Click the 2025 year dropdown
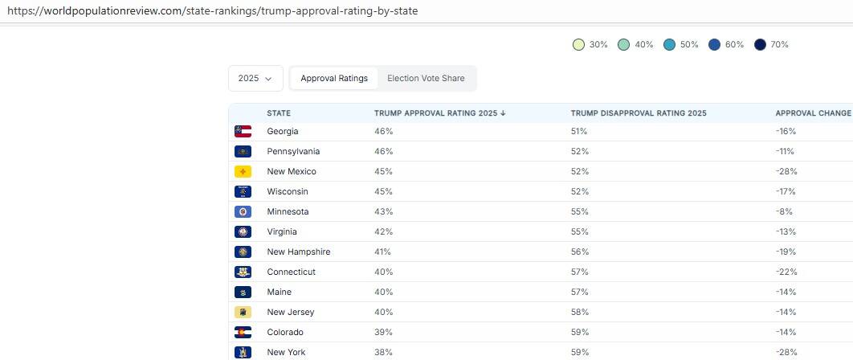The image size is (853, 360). (x=255, y=79)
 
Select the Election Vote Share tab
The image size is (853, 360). (x=426, y=79)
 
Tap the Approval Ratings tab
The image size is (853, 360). (x=334, y=79)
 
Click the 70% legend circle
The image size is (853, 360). (x=760, y=45)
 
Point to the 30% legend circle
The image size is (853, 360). (x=578, y=45)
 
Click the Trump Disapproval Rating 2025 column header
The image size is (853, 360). (x=639, y=113)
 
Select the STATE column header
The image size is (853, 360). (x=279, y=113)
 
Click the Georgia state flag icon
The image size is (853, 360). (x=243, y=131)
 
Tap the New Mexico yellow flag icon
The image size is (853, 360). (x=243, y=171)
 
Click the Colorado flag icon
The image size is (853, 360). (x=243, y=332)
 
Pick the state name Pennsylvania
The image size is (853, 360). (x=293, y=151)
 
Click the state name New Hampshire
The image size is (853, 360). (x=298, y=252)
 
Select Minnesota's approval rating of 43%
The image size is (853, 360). (x=383, y=211)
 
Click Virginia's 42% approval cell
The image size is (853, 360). (x=383, y=231)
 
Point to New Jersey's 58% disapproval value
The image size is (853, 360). (x=579, y=312)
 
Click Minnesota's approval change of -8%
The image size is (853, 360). (x=784, y=211)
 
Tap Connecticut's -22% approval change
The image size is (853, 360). (x=786, y=272)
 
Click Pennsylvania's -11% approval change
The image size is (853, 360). (x=786, y=151)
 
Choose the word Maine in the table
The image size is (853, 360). (x=279, y=292)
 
